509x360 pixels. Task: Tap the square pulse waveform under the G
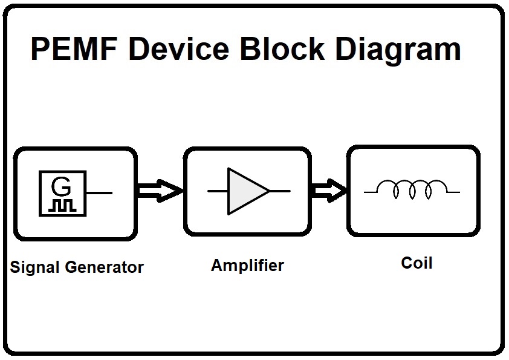(63, 205)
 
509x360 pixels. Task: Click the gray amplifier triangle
(245, 191)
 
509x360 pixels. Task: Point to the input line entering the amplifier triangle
(217, 191)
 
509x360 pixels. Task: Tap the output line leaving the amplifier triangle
(279, 191)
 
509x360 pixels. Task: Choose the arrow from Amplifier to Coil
(329, 191)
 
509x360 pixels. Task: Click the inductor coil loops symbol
(413, 189)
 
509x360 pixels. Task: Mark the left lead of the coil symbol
(374, 192)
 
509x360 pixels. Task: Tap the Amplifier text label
(247, 266)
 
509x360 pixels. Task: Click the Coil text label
(417, 263)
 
